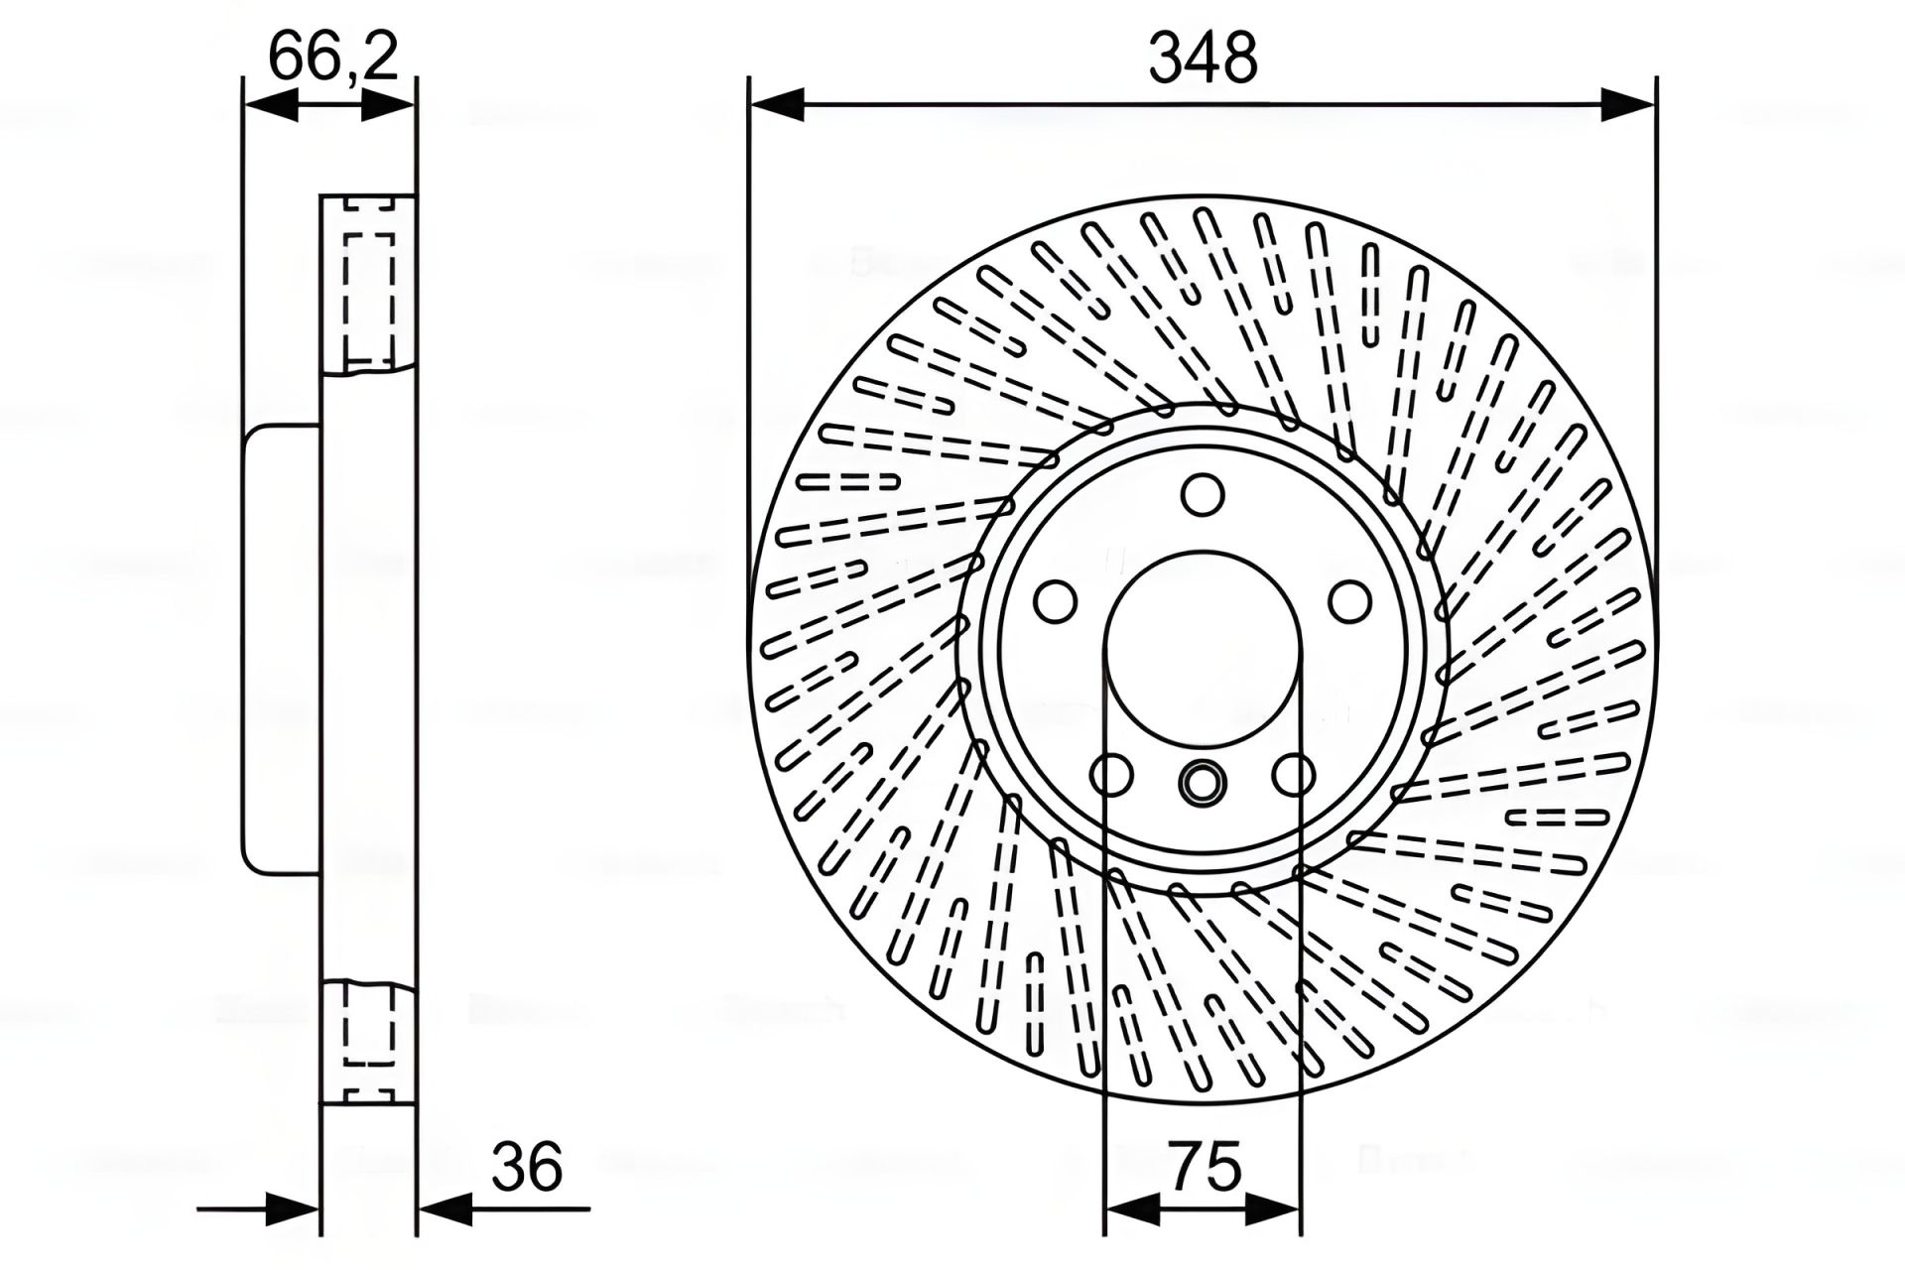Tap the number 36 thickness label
click(527, 1167)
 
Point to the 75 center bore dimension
click(1205, 1167)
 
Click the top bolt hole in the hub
click(1203, 494)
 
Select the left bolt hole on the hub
click(1055, 601)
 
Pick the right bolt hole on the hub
click(1350, 601)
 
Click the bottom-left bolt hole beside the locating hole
click(1111, 775)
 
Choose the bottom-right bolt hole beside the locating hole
click(1294, 775)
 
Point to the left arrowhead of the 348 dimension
click(778, 104)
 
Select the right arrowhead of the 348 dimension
click(1628, 104)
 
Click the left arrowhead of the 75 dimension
click(1132, 1209)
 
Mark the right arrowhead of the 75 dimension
click(1273, 1209)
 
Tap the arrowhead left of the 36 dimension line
click(294, 1209)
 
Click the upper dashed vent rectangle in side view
click(368, 299)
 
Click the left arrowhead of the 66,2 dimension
click(270, 104)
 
